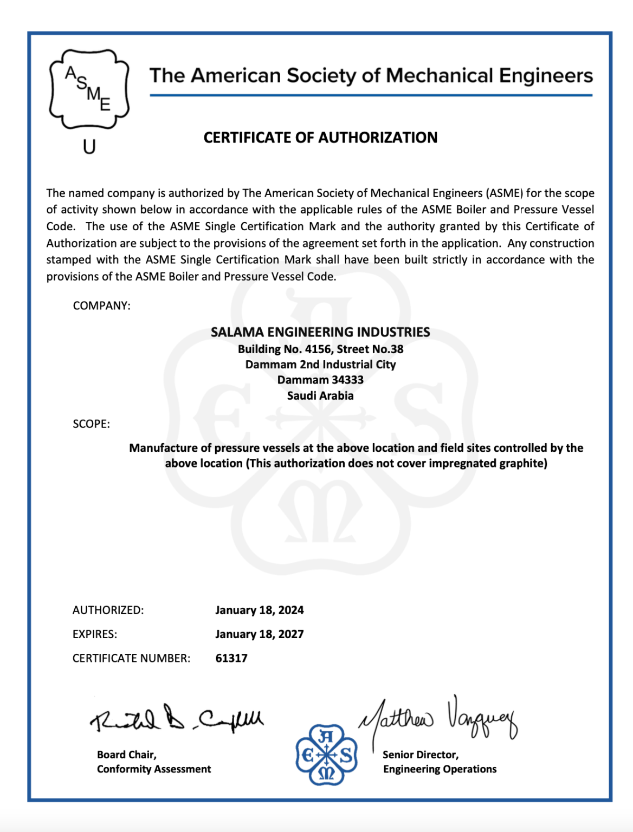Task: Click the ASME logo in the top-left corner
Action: click(89, 89)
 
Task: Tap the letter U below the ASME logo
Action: click(89, 147)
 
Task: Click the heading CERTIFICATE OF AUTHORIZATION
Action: click(320, 138)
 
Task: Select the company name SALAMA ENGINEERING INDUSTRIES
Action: click(320, 332)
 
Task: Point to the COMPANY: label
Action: click(101, 305)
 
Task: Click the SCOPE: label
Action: click(91, 424)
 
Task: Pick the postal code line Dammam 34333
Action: click(320, 380)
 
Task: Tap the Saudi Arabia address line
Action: click(320, 395)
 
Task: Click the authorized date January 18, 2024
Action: click(259, 610)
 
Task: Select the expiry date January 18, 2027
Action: click(259, 634)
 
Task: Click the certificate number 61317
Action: click(231, 658)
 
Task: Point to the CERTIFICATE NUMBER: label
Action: click(131, 658)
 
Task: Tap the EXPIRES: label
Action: click(95, 634)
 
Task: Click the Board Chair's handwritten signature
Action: click(176, 719)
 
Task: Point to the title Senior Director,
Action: click(421, 755)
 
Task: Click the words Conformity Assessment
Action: click(154, 769)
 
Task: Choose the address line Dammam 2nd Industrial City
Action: click(320, 365)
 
